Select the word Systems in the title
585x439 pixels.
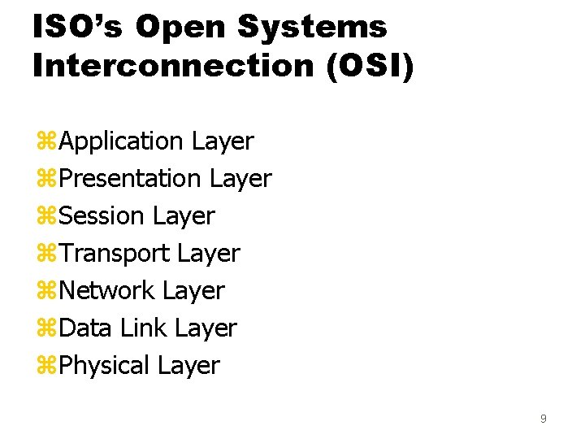pyautogui.click(x=312, y=27)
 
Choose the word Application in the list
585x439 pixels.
pyautogui.click(x=122, y=141)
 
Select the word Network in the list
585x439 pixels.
pyautogui.click(x=107, y=290)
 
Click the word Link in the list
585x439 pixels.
pyautogui.click(x=144, y=328)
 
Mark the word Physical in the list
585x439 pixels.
pyautogui.click(x=105, y=365)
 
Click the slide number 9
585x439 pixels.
pyautogui.click(x=543, y=419)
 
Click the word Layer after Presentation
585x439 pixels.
pyautogui.click(x=240, y=178)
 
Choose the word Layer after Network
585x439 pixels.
pyautogui.click(x=193, y=290)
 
